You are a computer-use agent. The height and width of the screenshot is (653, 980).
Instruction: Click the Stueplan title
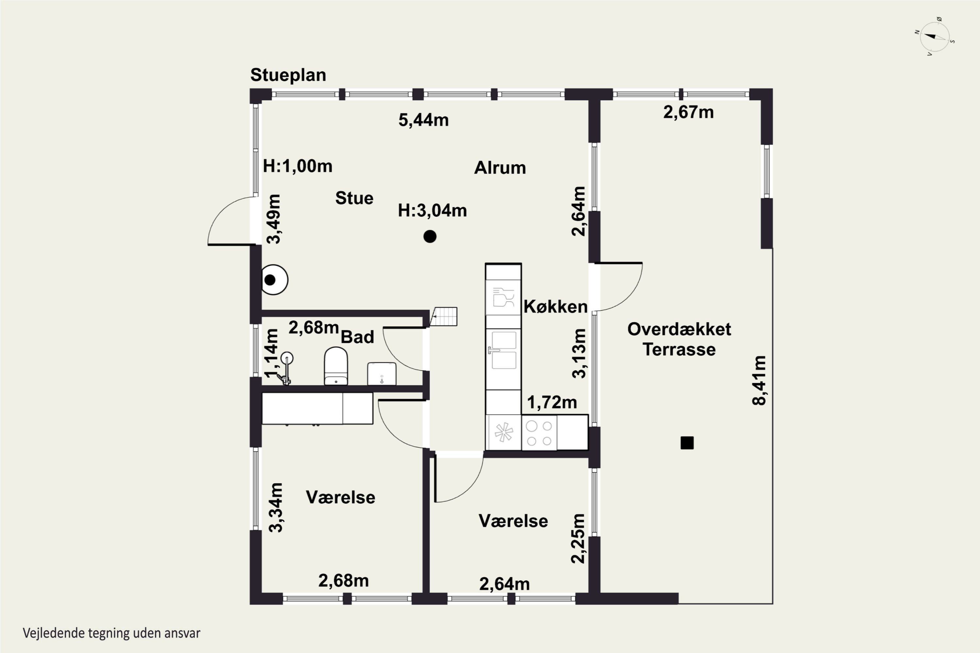point(288,75)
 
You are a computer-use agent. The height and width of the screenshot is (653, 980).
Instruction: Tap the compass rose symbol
point(935,37)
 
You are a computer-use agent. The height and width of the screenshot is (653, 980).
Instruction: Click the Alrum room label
point(500,168)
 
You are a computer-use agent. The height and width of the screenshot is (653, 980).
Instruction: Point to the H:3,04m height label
point(432,211)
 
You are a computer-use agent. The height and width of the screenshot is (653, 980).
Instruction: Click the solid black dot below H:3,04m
point(430,236)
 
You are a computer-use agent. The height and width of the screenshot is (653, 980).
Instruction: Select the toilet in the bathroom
point(336,366)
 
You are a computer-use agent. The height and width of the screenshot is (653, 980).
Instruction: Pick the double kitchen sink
point(503,350)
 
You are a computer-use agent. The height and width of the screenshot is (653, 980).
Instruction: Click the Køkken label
point(555,307)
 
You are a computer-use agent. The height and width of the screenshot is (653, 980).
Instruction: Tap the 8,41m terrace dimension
point(759,380)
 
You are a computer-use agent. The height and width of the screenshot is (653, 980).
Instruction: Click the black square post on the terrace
point(687,443)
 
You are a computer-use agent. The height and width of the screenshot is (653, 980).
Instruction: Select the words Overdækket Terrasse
point(679,340)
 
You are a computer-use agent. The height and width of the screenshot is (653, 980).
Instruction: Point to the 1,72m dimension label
point(552,403)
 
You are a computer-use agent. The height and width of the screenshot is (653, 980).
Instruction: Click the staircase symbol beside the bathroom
point(444,316)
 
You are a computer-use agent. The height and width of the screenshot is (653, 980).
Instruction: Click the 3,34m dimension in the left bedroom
point(275,507)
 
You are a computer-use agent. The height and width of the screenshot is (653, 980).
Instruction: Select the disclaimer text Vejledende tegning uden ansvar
point(112,633)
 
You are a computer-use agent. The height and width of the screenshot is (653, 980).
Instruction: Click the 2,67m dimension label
point(688,112)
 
